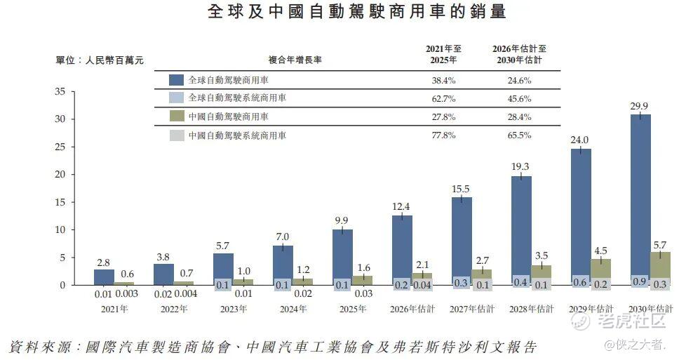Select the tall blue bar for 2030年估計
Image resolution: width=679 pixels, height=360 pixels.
point(640,196)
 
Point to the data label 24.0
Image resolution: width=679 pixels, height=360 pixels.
point(579,140)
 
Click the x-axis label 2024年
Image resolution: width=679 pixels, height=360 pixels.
point(293,309)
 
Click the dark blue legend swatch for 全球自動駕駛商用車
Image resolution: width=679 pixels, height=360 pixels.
point(177,81)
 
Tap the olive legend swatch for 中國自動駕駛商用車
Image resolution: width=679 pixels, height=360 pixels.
point(177,116)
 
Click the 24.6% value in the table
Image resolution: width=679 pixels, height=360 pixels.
point(519,81)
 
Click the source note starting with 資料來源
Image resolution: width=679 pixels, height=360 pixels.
point(274,347)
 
